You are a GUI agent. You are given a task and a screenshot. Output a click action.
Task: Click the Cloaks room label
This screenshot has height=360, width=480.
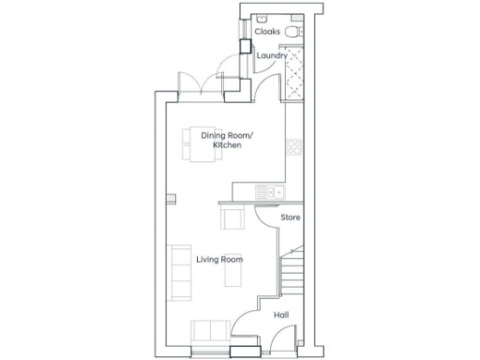267,30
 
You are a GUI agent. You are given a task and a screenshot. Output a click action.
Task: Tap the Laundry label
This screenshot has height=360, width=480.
272,55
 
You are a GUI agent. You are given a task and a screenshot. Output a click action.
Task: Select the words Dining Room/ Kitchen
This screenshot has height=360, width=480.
227,141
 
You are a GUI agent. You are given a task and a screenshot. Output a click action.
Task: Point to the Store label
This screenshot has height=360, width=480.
291,217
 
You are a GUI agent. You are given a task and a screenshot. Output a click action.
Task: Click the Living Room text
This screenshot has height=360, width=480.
219,259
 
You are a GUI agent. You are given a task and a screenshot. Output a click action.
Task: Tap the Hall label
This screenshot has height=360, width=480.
280,315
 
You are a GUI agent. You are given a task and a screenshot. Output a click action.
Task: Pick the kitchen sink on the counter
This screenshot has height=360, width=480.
270,193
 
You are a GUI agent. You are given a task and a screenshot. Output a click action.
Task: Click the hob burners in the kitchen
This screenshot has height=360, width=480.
294,147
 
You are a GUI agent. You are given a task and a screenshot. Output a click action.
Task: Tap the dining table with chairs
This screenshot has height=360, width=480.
200,144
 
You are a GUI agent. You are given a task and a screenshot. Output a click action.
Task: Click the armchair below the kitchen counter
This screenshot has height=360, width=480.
232,219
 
